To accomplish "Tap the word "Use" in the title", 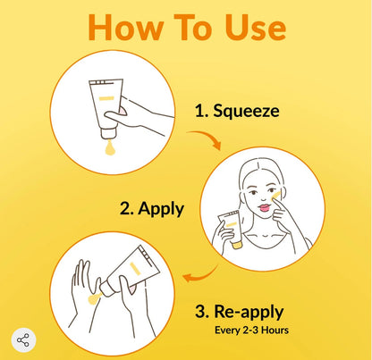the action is click(256, 28).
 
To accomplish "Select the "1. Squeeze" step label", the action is click(237, 111).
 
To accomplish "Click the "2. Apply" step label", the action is click(152, 209).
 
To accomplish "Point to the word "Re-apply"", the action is click(249, 312).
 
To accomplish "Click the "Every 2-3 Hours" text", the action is click(251, 331).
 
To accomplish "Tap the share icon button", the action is click(23, 340).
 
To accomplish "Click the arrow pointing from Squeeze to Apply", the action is click(207, 137).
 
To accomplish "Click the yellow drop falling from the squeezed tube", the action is click(110, 148).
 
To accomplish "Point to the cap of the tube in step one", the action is click(108, 134).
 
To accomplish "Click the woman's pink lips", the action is click(264, 207).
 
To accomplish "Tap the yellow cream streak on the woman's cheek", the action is click(275, 196).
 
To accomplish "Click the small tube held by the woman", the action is click(231, 229).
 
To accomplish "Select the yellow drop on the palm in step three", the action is click(94, 298).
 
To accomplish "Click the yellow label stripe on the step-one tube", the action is click(106, 98).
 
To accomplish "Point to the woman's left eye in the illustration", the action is click(272, 190).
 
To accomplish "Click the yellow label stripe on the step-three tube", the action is click(135, 268).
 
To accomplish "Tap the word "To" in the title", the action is click(195, 28).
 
